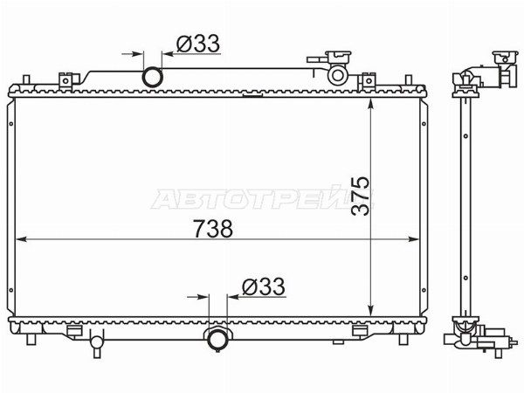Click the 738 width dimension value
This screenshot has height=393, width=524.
213,229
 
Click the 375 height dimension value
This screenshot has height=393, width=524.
360,196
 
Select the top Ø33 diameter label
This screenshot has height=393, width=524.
198,44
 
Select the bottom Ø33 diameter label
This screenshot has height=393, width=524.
264,286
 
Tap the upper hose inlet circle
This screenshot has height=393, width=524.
152,77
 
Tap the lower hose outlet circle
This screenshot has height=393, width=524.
217,339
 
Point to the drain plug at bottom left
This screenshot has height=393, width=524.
97,343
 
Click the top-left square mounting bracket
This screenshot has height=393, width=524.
65,80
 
